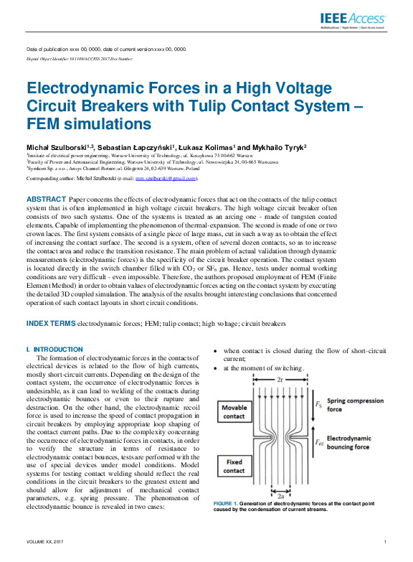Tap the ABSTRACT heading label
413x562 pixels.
pos(47,198)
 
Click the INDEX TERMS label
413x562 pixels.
pos(50,324)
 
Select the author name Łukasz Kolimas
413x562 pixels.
pos(204,147)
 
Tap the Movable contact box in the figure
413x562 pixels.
pos(234,413)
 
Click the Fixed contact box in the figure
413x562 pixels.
pos(234,465)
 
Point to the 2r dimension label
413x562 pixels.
pos(279,378)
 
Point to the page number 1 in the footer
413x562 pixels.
pos(386,541)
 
